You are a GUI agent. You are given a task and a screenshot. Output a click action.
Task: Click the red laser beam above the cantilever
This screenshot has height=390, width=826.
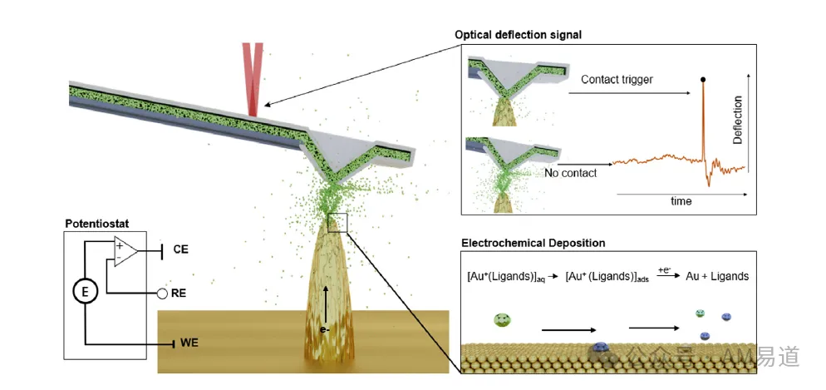coord(253,79)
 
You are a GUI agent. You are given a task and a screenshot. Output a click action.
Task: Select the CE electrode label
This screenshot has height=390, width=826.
coord(180,249)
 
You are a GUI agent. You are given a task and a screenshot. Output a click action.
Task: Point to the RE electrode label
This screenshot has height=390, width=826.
coord(179,294)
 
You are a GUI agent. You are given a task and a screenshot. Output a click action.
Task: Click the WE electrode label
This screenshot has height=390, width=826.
coord(188,344)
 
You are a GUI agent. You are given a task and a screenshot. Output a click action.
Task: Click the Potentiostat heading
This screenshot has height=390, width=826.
coord(97,224)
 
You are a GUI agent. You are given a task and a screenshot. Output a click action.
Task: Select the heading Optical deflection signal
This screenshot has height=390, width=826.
coord(519,35)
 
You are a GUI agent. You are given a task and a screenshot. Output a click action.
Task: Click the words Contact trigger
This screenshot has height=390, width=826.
coord(617,80)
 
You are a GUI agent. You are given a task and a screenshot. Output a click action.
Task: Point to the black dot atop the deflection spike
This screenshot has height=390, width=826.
coord(703,80)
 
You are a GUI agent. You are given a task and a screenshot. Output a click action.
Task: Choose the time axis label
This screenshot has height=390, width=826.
coord(681,201)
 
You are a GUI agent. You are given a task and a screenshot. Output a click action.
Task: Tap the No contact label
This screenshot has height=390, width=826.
coord(571,172)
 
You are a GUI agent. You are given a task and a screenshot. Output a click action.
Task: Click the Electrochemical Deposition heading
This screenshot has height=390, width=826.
coord(533,243)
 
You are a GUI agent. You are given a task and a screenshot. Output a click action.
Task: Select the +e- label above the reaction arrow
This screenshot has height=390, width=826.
coord(664,269)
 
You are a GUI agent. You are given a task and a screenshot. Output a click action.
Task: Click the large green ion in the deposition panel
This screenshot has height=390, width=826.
coord(503,320)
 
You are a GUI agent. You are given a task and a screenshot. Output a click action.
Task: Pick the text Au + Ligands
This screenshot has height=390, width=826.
coord(717,276)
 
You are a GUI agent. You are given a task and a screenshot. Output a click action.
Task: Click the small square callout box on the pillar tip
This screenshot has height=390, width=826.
coord(337,222)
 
